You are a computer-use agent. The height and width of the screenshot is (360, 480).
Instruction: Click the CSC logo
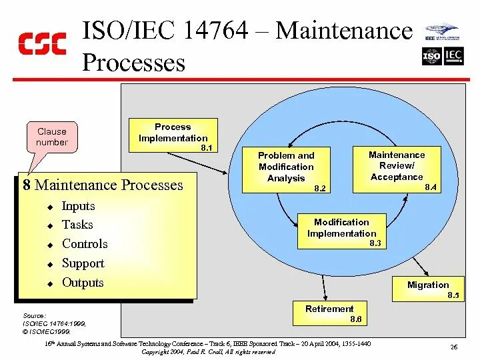click(42, 43)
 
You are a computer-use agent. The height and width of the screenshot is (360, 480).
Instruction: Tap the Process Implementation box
click(173, 133)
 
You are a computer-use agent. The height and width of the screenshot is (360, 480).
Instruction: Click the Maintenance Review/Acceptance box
click(397, 167)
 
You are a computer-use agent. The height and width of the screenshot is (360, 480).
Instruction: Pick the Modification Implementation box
click(341, 230)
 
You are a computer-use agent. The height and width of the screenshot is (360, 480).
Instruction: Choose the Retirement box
click(329, 312)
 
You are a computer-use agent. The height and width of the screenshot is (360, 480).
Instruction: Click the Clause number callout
click(52, 137)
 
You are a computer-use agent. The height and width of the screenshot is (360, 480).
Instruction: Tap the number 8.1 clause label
click(207, 147)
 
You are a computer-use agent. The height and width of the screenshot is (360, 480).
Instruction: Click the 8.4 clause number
click(431, 188)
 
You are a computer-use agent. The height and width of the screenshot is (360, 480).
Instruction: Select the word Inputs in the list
click(79, 206)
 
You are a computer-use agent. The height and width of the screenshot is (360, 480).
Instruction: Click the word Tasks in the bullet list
click(77, 225)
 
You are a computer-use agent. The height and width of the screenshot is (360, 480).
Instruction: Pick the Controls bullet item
click(85, 244)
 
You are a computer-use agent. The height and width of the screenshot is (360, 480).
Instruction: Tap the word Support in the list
click(83, 263)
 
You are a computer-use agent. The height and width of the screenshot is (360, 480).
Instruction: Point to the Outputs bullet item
click(83, 282)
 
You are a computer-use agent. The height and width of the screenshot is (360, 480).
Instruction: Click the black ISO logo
click(431, 57)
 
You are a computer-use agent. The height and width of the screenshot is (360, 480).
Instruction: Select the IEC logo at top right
click(453, 57)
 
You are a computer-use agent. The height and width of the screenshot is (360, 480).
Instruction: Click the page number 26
click(453, 347)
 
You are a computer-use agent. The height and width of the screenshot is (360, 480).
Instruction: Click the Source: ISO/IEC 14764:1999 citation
click(46, 323)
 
